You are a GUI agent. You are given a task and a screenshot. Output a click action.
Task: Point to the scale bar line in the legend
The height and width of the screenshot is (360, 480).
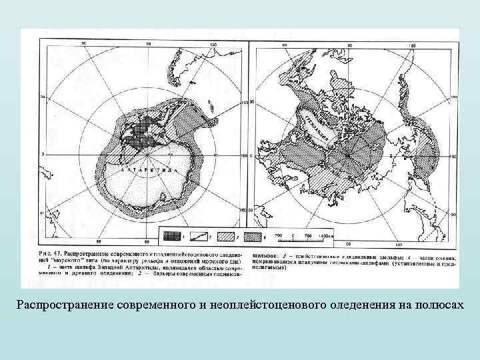pos(301,241)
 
